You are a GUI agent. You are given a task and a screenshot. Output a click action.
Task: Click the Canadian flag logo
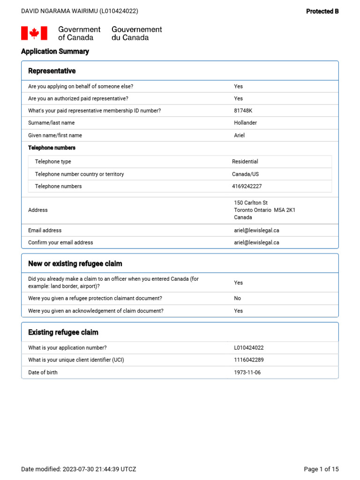point(34,33)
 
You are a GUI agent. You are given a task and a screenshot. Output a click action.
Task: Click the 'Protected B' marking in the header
point(322,11)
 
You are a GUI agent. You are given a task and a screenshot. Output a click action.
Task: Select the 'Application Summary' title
point(55,52)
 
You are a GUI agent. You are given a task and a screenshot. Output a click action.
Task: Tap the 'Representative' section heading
point(52,71)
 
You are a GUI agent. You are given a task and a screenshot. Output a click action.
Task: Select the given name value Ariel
point(239,135)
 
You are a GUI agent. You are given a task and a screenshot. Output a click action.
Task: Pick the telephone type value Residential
point(245,162)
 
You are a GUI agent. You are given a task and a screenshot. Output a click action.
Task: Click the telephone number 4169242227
point(247,187)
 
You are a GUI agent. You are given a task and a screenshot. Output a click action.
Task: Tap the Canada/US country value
point(245,174)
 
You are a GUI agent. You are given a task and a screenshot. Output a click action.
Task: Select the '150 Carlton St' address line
point(251,202)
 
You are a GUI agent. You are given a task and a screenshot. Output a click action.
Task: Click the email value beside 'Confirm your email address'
point(256,243)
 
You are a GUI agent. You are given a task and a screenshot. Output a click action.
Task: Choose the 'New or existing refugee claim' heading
point(75,263)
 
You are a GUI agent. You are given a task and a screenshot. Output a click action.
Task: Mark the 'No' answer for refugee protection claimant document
point(238,299)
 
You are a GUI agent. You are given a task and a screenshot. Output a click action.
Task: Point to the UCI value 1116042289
point(248,360)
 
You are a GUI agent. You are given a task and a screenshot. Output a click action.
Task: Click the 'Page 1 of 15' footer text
point(321,469)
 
